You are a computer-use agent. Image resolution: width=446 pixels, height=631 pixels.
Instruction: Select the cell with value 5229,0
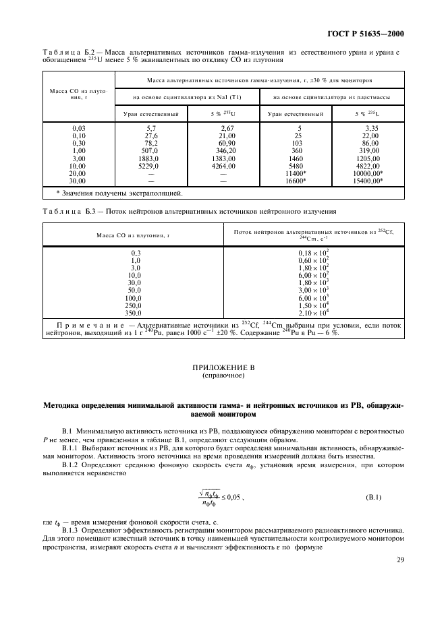click(x=148, y=165)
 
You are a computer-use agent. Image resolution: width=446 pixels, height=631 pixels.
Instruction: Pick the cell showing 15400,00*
click(x=370, y=180)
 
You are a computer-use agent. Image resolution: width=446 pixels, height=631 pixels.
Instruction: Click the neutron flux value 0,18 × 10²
click(x=313, y=252)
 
